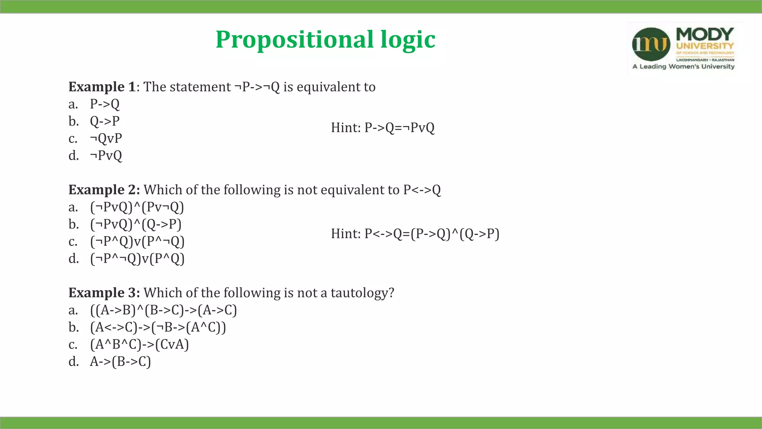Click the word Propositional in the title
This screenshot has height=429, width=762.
[x=294, y=39]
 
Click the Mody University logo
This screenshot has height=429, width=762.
[x=684, y=48]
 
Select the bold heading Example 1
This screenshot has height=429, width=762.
[x=102, y=87]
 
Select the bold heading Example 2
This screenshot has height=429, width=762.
[x=104, y=190]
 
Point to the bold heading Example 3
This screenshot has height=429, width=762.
[x=104, y=293]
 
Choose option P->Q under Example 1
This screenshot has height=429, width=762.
[x=105, y=104]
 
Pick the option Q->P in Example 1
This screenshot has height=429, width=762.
[x=105, y=121]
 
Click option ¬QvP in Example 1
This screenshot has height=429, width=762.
[x=106, y=138]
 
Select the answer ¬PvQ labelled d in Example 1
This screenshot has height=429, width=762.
[x=106, y=155]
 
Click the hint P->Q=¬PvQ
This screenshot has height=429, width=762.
[x=382, y=128]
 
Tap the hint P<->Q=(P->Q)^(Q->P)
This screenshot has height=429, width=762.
[x=415, y=234]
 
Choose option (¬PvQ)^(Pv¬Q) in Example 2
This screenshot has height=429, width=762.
[x=137, y=207]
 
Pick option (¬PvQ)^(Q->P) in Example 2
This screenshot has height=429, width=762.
[x=136, y=224]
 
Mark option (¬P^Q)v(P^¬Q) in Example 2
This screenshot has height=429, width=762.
[x=137, y=241]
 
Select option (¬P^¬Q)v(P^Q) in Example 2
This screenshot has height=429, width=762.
[x=137, y=258]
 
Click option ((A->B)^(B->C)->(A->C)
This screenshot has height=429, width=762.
[x=163, y=310]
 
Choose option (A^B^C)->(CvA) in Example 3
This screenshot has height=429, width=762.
[x=140, y=344]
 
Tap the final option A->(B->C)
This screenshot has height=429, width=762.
[x=120, y=362]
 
